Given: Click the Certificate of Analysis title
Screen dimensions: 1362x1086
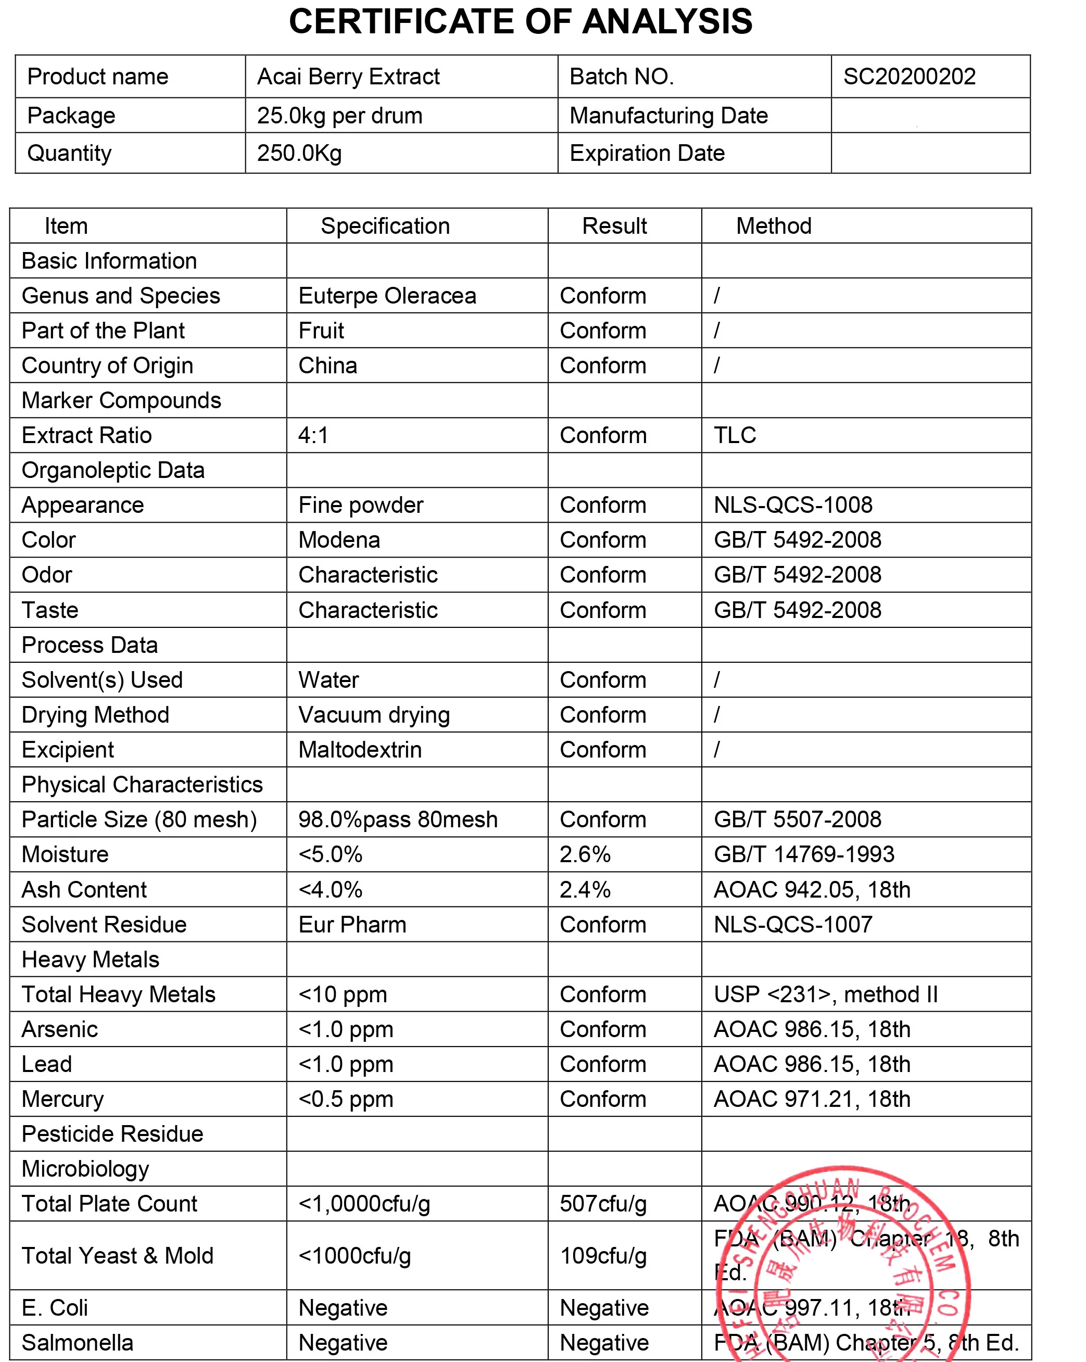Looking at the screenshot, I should click(520, 22).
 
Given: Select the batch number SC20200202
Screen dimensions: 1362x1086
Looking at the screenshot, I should click(909, 77).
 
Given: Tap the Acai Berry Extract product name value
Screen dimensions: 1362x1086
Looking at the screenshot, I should click(348, 77).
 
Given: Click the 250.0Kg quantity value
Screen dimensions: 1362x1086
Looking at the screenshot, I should click(299, 154).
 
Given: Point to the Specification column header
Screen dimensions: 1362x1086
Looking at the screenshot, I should click(385, 226).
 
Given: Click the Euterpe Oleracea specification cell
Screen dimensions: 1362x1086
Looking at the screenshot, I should click(387, 296).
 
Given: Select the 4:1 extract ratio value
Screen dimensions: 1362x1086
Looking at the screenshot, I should click(313, 435).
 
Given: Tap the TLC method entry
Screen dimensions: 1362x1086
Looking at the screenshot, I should click(735, 435).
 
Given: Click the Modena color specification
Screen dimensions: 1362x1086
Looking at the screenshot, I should click(339, 540).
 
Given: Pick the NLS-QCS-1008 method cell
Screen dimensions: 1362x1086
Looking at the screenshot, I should click(793, 506).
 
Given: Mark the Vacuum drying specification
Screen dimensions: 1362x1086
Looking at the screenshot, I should click(374, 715).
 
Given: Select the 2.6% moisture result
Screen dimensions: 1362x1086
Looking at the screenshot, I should click(585, 855).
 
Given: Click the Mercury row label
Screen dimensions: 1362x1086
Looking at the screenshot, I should click(62, 1100).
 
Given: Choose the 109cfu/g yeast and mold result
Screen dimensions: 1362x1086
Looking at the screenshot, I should click(603, 1256).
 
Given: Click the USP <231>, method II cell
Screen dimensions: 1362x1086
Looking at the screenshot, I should click(825, 995).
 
